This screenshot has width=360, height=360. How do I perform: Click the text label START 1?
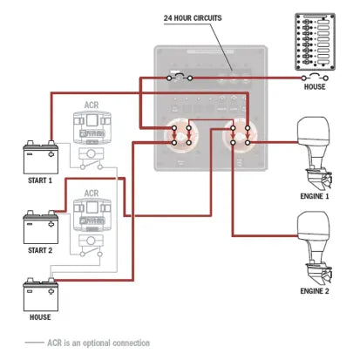coord(39,180)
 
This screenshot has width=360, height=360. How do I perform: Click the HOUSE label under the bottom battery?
coord(39,317)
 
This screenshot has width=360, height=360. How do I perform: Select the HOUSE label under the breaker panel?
coord(316,87)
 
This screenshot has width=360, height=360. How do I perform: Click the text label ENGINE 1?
coord(314,196)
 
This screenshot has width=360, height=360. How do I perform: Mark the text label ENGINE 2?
coord(314,289)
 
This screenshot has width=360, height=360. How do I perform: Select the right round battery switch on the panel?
coord(240,135)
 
